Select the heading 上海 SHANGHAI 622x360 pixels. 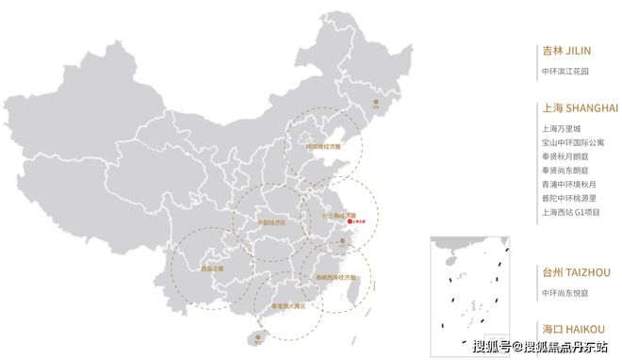point(579,107)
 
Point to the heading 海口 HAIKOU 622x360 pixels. point(573,329)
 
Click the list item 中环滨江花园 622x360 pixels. point(566,71)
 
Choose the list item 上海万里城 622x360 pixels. point(563,128)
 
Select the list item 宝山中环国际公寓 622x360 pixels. point(574,142)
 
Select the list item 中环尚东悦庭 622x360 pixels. point(566,292)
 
